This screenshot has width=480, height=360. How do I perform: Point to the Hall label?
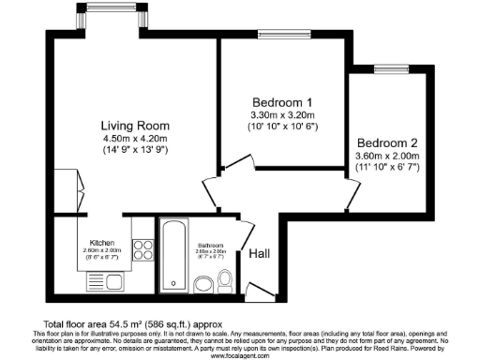pyautogui.click(x=260, y=253)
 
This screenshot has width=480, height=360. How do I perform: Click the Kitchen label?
pyautogui.click(x=102, y=242)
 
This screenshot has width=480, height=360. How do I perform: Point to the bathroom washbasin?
pyautogui.click(x=202, y=283)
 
